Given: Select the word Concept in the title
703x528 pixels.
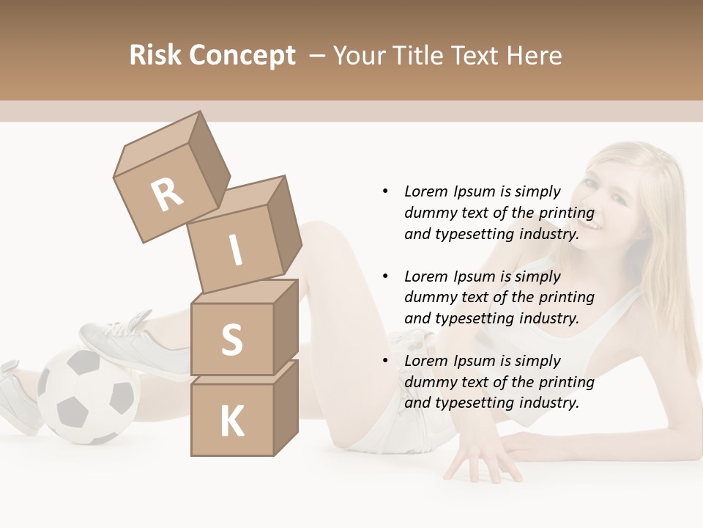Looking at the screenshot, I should point(241,56).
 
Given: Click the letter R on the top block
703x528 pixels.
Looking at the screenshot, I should point(167,194).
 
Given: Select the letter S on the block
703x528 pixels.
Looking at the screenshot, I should point(231,340).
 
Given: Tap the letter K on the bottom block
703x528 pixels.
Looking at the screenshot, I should point(231,421).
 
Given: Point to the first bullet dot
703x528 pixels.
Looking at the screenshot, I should point(385,191).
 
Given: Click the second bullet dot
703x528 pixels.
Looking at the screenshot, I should point(385,276).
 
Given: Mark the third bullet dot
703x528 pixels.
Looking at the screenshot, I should point(385,361).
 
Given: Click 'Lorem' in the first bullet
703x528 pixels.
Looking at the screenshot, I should point(425,191).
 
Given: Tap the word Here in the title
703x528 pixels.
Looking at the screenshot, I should point(538,56).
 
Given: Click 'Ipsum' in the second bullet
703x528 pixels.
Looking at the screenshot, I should point(474,276).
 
